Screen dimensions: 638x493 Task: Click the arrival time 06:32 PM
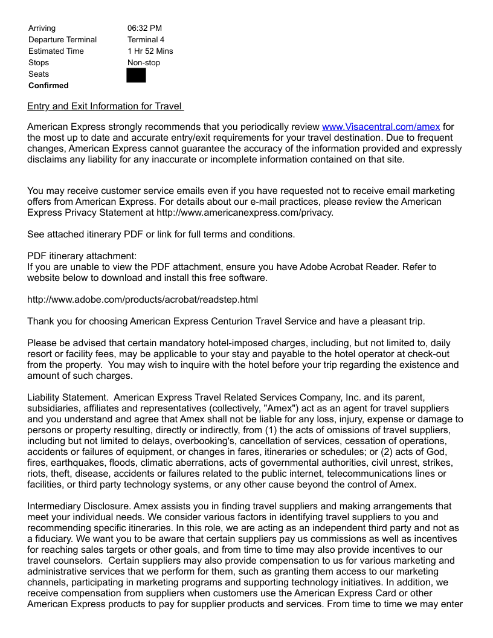(144, 28)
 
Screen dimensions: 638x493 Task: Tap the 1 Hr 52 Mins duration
(150, 51)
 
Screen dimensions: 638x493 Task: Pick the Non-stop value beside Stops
(144, 62)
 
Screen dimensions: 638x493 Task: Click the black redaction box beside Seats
(136, 75)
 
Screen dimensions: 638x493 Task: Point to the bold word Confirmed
(48, 85)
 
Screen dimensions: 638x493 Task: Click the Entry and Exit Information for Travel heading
(105, 106)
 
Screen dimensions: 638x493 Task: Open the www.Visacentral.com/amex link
(381, 127)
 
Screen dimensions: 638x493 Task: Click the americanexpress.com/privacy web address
(245, 213)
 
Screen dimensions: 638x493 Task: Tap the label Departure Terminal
(62, 39)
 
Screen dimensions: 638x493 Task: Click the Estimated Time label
(56, 51)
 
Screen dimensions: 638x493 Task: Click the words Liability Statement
(68, 398)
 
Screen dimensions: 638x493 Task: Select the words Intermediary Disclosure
(79, 506)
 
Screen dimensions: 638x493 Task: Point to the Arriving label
(42, 28)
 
